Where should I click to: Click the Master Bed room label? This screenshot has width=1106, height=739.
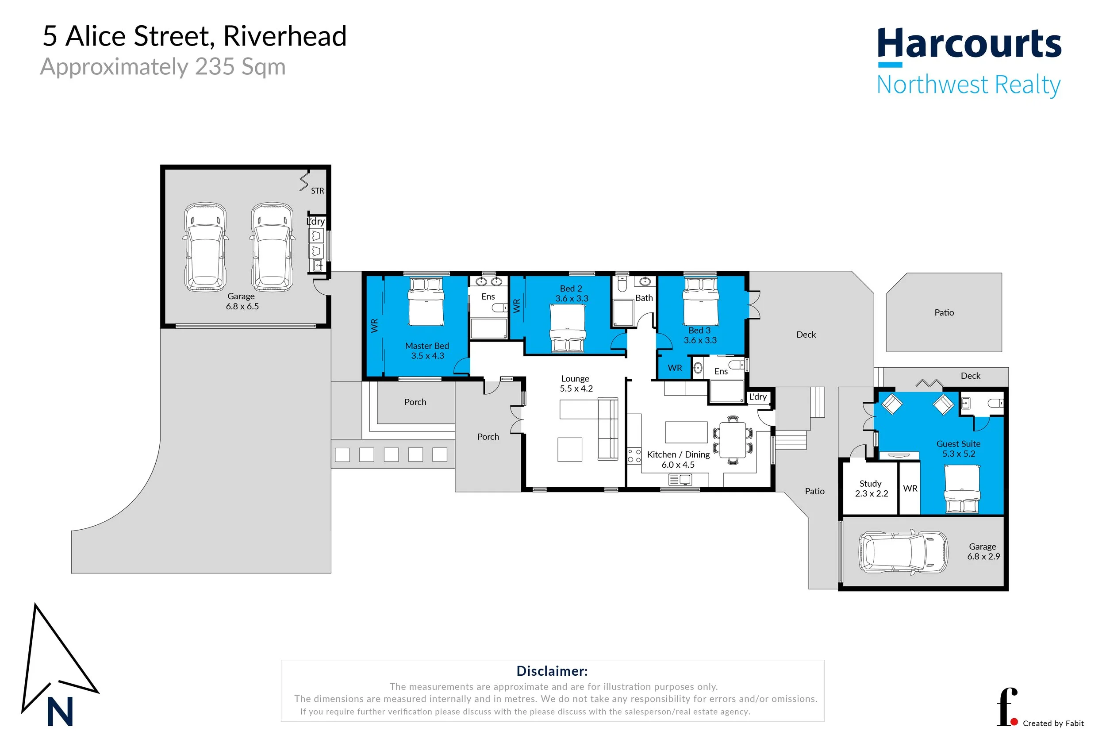coord(427,346)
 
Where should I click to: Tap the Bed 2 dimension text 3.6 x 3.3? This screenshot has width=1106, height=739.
coord(572,298)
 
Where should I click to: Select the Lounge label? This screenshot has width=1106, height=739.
coord(575,378)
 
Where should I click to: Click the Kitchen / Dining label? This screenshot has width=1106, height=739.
coord(678,454)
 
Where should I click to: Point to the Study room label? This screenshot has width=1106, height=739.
coord(870,484)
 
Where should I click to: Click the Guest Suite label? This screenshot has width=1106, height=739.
coord(958,443)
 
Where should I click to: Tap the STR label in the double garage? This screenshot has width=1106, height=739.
coord(317,191)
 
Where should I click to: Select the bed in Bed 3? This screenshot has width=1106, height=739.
coord(700,302)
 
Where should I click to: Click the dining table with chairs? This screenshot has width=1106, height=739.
coord(733,440)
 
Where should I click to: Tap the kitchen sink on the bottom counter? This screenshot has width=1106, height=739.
coord(680,480)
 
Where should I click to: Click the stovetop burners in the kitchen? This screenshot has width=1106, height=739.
coord(634,456)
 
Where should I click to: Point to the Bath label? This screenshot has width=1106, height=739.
coord(643,298)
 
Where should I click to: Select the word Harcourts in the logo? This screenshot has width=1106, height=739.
coord(969,43)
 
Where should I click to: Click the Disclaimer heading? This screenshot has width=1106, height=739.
coord(552,671)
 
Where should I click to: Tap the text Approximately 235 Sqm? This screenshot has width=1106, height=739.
coord(163,66)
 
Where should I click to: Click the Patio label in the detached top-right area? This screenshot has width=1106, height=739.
coord(944,312)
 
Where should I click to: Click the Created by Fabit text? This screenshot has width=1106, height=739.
coord(1053,724)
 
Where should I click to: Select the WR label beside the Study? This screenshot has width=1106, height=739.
coord(910,488)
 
